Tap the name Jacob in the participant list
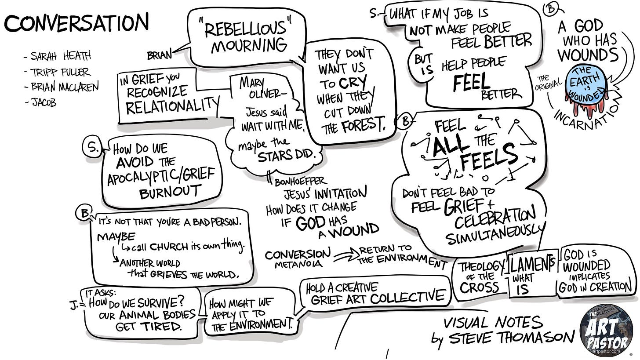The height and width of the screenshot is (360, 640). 44,103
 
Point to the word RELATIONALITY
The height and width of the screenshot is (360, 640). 172,106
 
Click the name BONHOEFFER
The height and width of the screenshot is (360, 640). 300,181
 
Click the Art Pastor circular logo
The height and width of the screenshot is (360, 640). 606,331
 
